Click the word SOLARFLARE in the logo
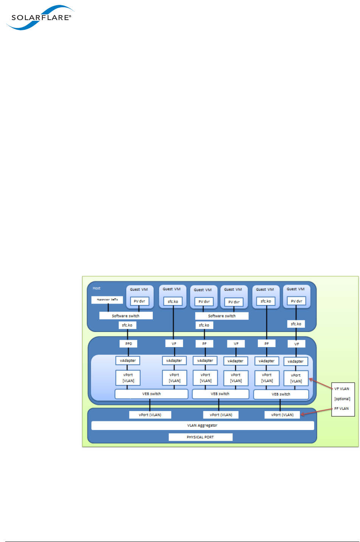coord(41,17)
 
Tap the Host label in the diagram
coord(96,288)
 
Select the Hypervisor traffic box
coord(107,299)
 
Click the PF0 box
coord(129,344)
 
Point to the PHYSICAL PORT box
coord(200,437)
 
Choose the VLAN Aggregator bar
coord(203,425)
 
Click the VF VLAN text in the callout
coord(341,389)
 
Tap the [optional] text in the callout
coord(342,399)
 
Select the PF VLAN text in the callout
coord(341,408)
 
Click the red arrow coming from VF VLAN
coord(320,384)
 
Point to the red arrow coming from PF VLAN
coord(316,412)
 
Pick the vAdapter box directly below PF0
coord(128,361)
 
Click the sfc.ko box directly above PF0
coord(127,325)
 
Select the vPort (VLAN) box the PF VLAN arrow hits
coord(282,415)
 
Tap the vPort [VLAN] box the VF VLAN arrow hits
coord(296,378)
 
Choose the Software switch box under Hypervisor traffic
coord(126,316)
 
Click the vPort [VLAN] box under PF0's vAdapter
coord(128,378)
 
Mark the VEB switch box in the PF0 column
coord(151,394)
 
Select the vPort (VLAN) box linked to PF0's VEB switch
coord(150,415)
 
